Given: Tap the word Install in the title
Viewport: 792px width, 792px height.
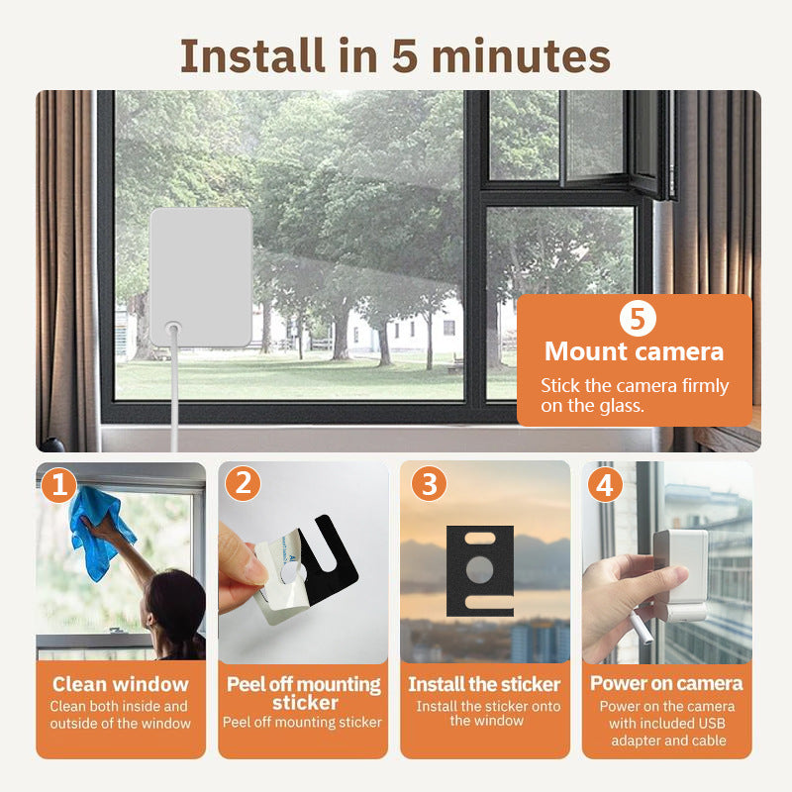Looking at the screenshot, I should click(251, 57).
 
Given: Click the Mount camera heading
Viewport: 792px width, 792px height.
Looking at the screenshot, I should click(634, 351).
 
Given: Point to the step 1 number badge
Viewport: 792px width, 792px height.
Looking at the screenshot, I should click(60, 484).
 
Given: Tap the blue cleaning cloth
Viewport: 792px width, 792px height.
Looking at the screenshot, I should click(99, 530).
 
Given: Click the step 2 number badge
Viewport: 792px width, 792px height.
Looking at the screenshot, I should click(243, 484).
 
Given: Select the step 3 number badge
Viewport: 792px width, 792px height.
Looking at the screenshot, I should click(428, 484).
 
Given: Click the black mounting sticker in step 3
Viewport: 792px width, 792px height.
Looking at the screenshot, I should click(479, 570).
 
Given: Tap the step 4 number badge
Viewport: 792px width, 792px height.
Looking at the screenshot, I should click(607, 484).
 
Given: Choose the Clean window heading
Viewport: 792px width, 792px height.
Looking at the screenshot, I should click(120, 684).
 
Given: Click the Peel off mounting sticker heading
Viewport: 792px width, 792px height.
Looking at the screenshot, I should click(304, 693).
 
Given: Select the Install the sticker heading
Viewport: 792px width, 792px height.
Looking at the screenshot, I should click(484, 684).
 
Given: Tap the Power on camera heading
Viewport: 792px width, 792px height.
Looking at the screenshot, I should click(666, 683).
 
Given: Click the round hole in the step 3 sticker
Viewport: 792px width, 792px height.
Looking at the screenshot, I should click(479, 568).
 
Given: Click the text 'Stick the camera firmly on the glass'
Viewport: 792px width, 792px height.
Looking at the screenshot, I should click(634, 395).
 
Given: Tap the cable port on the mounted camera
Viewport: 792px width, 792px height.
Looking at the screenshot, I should click(173, 325).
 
